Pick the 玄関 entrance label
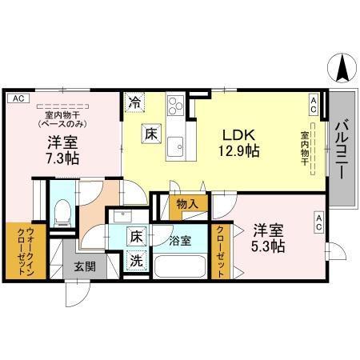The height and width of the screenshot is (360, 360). coord(85,266)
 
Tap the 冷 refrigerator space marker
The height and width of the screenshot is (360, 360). coord(135,103)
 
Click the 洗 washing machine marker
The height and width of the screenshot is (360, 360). coord(137,260)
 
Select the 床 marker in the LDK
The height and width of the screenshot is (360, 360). coord(150,134)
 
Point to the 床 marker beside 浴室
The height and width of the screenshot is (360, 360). coord(137,237)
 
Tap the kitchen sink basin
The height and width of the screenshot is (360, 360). coord(175,146)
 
